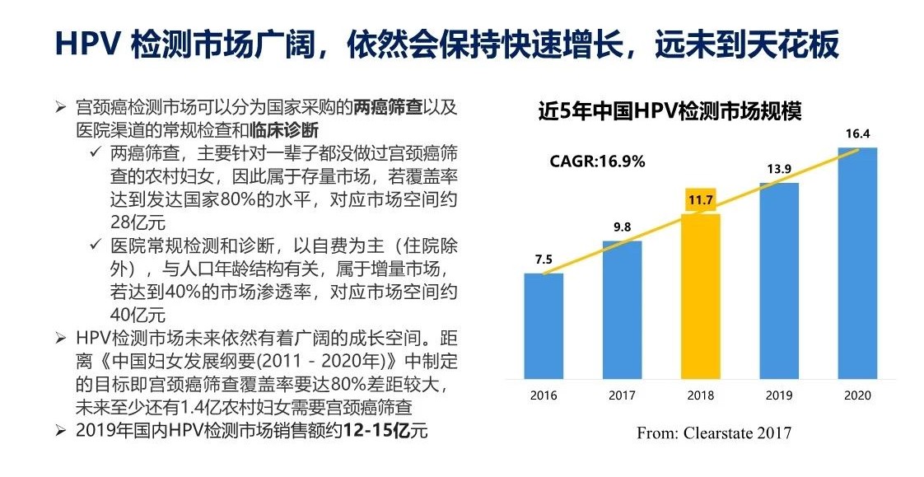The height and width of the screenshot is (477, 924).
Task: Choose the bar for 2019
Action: pos(779,279)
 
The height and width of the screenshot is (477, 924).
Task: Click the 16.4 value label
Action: pos(857,133)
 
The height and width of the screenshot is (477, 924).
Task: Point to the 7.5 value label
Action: pos(544,260)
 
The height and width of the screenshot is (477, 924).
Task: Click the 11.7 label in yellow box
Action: pos(701,200)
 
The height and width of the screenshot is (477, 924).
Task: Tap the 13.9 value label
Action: pos(779,169)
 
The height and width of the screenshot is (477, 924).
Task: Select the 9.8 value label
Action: pos(622,227)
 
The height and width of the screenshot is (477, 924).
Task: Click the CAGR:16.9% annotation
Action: pos(597,161)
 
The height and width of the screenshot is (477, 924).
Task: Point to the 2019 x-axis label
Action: pos(779,395)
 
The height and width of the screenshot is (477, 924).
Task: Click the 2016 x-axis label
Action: pos(544,395)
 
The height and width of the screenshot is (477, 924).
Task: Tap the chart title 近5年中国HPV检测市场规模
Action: pos(670,110)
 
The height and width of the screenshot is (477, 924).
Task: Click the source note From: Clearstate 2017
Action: pos(713,433)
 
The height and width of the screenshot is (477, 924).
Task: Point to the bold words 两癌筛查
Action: pos(388,108)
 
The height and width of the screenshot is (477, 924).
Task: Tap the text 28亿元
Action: pos(138,222)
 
